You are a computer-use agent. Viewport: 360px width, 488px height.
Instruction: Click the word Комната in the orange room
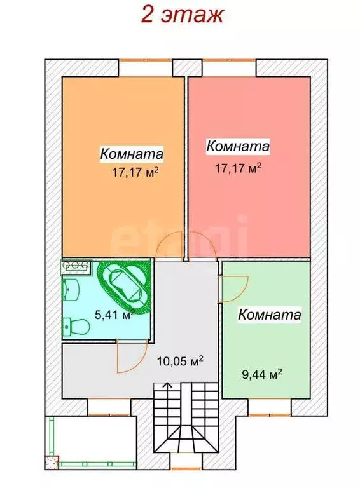click(132, 154)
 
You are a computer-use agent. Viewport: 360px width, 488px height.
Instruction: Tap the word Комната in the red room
click(238, 146)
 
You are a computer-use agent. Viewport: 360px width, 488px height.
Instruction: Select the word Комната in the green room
click(269, 314)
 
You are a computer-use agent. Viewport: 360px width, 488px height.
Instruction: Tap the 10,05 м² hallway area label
click(180, 361)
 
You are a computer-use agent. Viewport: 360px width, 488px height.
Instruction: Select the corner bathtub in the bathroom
click(126, 287)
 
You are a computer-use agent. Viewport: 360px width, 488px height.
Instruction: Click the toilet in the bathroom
click(77, 326)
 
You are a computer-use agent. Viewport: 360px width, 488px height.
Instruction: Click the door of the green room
click(233, 288)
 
